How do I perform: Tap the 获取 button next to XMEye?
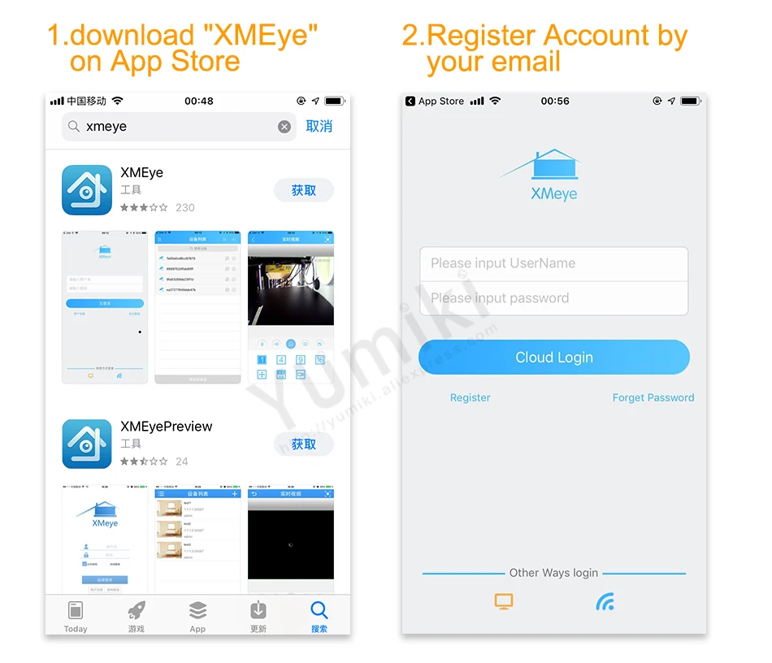(304, 190)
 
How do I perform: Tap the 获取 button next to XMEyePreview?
(304, 444)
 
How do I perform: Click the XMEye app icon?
(87, 190)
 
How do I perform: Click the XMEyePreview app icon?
(87, 444)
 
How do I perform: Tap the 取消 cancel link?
(319, 127)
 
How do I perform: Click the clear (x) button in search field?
(284, 127)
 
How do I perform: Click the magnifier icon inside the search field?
(74, 127)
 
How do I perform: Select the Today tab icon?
(76, 610)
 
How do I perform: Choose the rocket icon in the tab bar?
(137, 610)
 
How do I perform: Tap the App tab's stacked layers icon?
(197, 610)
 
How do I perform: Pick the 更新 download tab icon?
(258, 610)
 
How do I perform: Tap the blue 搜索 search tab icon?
(319, 610)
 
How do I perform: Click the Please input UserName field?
(553, 263)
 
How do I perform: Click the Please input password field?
(553, 298)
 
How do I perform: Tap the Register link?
(471, 398)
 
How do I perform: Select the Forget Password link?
(653, 398)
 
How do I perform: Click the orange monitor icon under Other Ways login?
(504, 602)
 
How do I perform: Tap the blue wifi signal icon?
(605, 602)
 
